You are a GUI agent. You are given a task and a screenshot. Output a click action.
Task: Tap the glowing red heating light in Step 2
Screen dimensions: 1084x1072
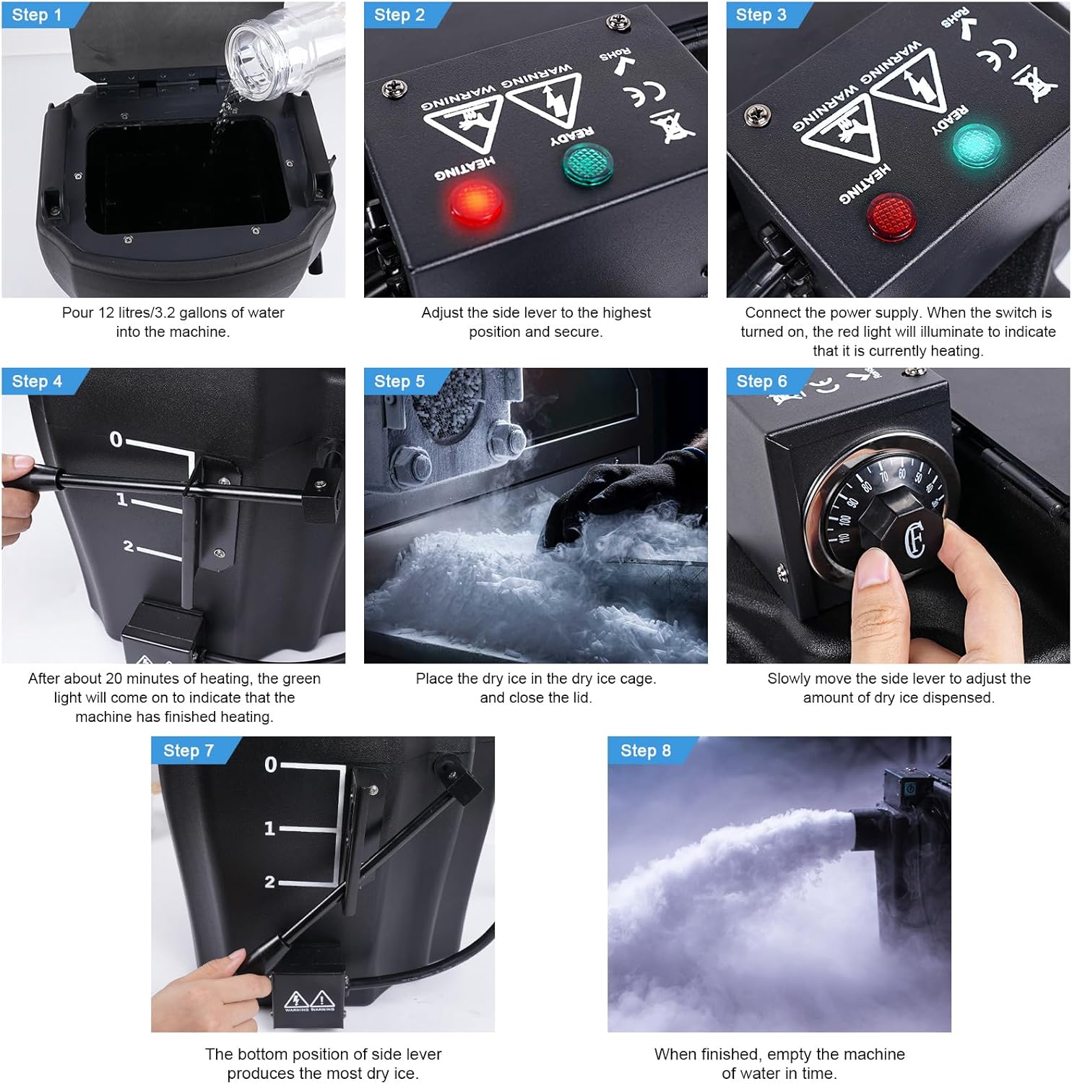(x=475, y=202)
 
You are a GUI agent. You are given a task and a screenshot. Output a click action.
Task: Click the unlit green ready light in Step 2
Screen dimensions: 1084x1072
(x=587, y=164)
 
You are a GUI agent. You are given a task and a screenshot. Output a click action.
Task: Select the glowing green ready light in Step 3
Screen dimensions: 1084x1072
(x=974, y=145)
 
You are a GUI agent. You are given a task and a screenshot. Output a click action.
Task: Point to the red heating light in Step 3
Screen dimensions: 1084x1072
(x=891, y=215)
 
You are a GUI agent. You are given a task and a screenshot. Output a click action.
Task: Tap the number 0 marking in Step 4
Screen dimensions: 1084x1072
(x=116, y=439)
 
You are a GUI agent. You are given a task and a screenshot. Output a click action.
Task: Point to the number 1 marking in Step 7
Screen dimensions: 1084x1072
(x=269, y=828)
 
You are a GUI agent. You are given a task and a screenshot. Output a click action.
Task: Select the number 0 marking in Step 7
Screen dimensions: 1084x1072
(x=271, y=765)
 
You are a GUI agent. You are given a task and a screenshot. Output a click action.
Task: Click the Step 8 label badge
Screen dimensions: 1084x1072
(x=646, y=751)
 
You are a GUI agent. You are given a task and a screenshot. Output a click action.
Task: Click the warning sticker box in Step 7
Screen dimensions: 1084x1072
(x=309, y=1001)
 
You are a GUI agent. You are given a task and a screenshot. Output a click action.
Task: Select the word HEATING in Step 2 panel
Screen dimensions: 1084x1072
(x=464, y=168)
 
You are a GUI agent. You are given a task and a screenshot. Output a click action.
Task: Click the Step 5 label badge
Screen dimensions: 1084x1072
(x=399, y=382)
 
